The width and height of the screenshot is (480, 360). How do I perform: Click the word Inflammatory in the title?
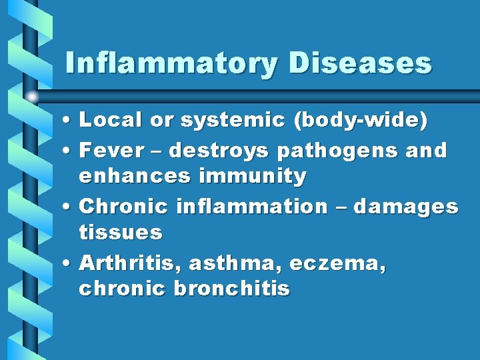[170, 64]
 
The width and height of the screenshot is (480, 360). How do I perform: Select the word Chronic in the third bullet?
[123, 207]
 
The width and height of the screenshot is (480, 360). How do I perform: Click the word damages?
[405, 207]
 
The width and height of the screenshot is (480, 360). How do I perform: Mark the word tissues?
[120, 233]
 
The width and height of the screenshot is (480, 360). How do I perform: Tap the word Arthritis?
[130, 263]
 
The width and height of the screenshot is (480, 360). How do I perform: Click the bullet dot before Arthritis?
[69, 264]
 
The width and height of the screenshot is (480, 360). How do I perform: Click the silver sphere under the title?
[32, 97]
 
